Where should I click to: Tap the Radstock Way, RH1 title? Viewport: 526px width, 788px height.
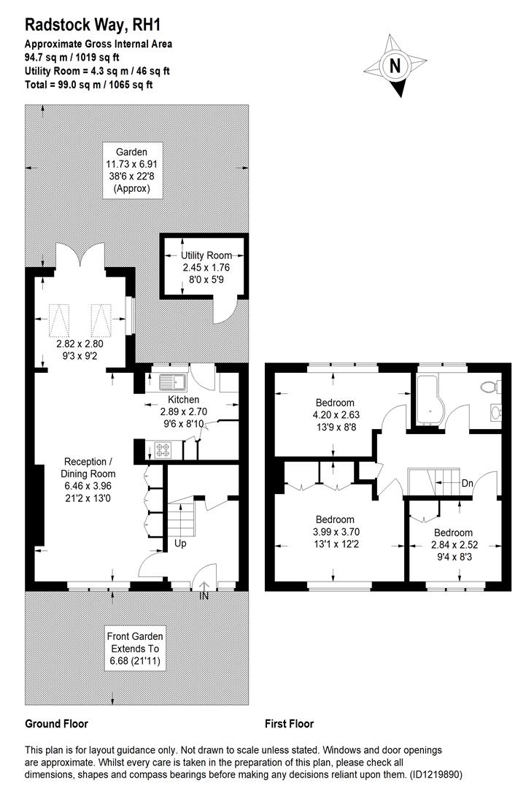(92, 26)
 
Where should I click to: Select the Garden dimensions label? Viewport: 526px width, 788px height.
(131, 170)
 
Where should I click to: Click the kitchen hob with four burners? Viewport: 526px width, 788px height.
(160, 450)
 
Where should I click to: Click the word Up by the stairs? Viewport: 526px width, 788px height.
(180, 544)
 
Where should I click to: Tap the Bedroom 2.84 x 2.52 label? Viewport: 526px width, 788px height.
(452, 544)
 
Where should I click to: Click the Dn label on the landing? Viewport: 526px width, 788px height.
(468, 483)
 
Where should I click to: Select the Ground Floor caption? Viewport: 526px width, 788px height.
(57, 724)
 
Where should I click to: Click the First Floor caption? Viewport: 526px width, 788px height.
(290, 724)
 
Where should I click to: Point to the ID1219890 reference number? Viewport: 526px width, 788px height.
(430, 774)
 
